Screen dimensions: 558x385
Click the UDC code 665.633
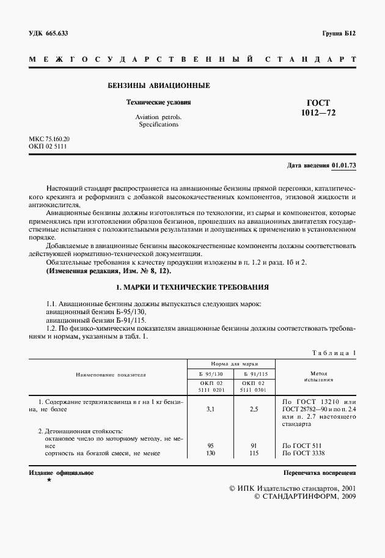56,33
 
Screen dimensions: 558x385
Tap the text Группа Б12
338,33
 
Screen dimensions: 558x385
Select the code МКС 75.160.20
50,139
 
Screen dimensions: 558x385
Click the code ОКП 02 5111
47,147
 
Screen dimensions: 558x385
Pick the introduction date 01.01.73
344,166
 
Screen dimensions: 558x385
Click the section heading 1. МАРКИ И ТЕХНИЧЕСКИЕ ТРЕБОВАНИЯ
193,287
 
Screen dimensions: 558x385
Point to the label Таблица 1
334,353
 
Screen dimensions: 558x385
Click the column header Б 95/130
211,373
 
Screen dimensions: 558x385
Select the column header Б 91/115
255,373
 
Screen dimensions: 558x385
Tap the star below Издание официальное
49,482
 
